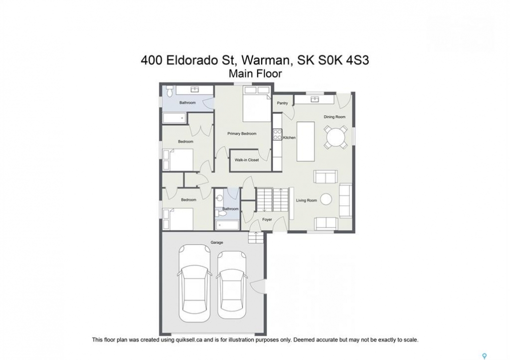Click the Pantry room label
282,103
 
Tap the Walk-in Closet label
247,160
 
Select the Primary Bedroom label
242,133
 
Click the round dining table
335,137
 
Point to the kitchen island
305,141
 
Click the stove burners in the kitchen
277,134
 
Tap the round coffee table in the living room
326,199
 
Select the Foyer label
267,219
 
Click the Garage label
217,242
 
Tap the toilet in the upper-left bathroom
169,91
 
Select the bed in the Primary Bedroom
257,104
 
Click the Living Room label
306,200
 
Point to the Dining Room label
334,117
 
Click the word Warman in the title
266,60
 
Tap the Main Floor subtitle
255,74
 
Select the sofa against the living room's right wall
345,201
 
